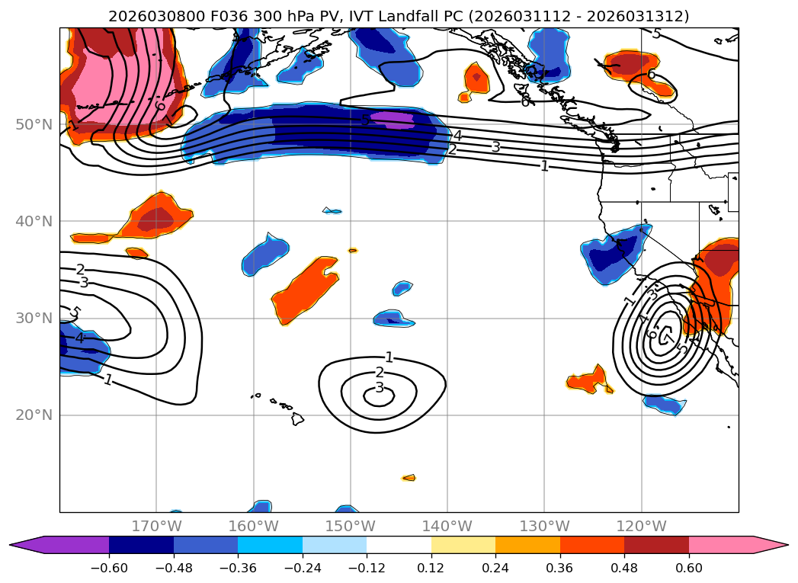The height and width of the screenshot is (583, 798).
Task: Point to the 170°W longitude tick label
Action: tap(156, 526)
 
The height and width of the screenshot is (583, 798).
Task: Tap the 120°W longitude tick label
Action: tap(641, 526)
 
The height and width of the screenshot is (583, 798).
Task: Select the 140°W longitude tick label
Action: tap(447, 526)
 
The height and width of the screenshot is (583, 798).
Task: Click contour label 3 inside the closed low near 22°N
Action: tap(380, 388)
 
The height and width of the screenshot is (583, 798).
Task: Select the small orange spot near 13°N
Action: tap(409, 478)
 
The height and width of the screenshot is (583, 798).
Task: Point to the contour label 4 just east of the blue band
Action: tap(457, 136)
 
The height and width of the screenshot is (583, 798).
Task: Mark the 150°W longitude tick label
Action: tap(351, 526)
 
